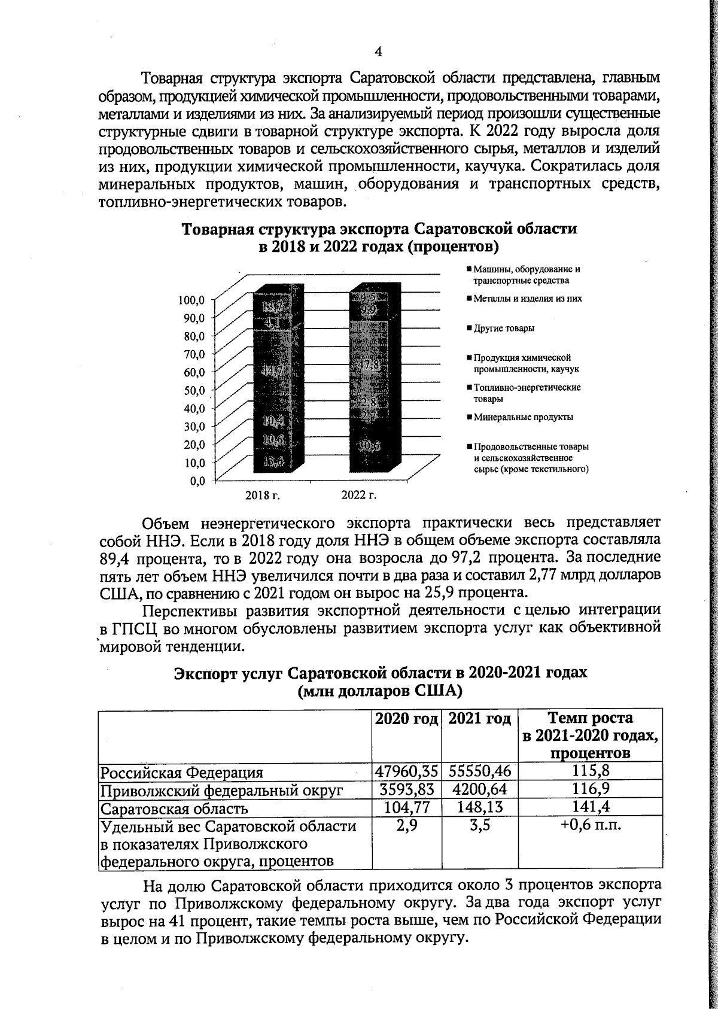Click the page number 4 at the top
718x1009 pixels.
point(378,51)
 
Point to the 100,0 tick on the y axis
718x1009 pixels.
point(192,299)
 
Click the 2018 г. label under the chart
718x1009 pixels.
point(263,495)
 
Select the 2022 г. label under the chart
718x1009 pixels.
point(358,495)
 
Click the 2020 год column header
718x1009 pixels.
point(407,718)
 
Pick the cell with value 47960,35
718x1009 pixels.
point(407,771)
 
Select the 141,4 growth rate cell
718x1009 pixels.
point(590,807)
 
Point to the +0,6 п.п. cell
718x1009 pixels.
point(590,826)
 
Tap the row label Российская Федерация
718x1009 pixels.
point(181,772)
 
